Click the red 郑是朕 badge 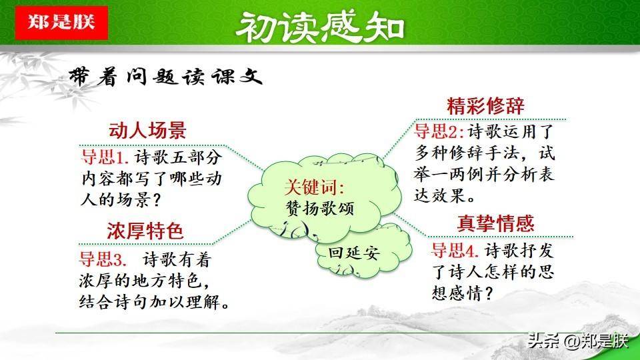(x=61, y=23)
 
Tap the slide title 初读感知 (x=320, y=26)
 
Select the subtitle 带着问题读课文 (x=165, y=76)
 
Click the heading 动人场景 (x=147, y=130)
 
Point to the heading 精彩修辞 (x=486, y=106)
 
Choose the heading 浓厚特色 (x=145, y=231)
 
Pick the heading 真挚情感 (x=495, y=223)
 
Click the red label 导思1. (x=105, y=157)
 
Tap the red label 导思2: (x=439, y=131)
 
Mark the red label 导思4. (x=455, y=250)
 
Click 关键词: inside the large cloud (x=314, y=187)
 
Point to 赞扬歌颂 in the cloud (x=319, y=209)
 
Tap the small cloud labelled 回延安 (x=354, y=253)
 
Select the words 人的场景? (x=121, y=199)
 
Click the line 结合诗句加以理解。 (x=154, y=302)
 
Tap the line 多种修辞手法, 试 (x=485, y=153)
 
